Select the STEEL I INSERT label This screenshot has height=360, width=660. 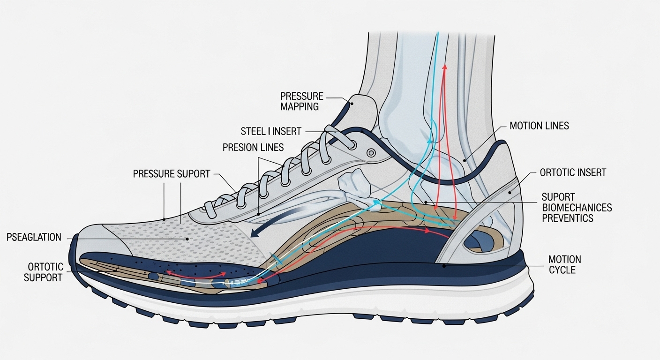tap(271, 131)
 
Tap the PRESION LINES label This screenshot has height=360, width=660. tap(253, 148)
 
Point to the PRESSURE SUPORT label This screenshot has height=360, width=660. tap(172, 174)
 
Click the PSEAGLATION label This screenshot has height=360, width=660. tap(34, 237)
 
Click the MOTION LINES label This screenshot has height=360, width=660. tap(539, 126)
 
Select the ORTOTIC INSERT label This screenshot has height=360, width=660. tap(573, 173)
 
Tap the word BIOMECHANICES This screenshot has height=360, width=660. tap(577, 207)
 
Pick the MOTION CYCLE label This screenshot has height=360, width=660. tap(564, 265)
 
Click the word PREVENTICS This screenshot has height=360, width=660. tap(567, 218)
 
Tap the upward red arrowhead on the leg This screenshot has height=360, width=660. tap(445, 68)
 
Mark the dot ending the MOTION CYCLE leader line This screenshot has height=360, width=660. tap(444, 266)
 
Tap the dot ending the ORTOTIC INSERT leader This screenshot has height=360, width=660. tap(510, 193)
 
